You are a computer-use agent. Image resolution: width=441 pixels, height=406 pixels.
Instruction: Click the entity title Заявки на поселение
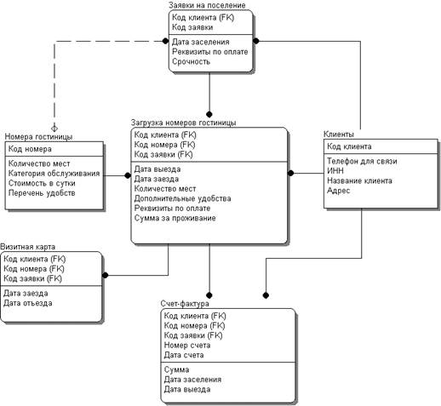point(207,5)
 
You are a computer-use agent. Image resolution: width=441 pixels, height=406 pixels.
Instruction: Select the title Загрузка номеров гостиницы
point(183,123)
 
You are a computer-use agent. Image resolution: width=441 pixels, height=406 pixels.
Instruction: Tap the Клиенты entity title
point(339,134)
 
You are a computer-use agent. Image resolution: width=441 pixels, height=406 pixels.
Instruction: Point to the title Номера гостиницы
point(38,137)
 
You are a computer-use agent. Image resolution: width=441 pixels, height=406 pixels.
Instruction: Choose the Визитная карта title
point(27,247)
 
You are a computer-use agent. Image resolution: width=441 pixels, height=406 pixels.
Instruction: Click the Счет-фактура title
point(185,304)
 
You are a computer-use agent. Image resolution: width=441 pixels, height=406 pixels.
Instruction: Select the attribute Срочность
point(191,61)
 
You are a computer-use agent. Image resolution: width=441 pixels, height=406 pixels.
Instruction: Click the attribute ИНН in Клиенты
point(335,171)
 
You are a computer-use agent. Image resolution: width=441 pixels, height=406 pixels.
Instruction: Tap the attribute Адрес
point(338,191)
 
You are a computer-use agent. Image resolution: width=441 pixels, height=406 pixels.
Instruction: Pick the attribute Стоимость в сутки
point(42,183)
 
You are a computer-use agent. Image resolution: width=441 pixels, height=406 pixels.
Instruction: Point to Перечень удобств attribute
point(42,193)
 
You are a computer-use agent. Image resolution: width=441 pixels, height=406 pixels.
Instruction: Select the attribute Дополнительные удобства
point(182,198)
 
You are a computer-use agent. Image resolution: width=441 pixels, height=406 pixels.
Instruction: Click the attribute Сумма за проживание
point(175,218)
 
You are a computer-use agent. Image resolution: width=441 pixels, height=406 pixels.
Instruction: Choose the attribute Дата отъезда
point(28,303)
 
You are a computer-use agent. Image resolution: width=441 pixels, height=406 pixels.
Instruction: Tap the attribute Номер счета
point(187,346)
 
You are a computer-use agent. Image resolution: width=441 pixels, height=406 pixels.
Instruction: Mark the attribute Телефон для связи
point(362,161)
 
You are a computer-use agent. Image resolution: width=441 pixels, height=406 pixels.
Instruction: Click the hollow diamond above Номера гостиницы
point(54,129)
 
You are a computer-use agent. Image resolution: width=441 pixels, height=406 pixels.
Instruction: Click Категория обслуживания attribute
point(54,174)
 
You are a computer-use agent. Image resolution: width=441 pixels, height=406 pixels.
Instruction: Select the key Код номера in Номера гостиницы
point(30,149)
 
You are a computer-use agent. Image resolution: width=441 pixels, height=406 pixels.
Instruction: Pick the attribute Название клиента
point(359,180)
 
